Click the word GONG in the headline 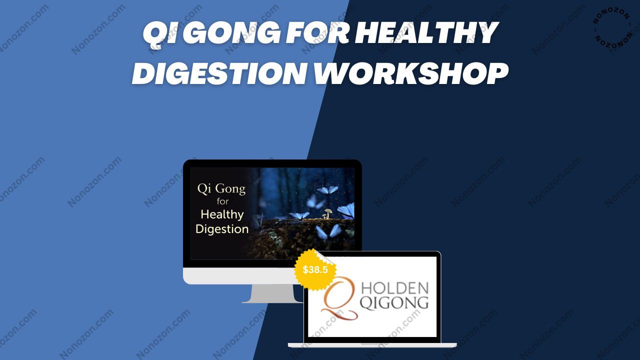click(234, 33)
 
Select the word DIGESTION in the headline click(219, 73)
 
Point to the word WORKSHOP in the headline click(411, 73)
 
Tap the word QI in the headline click(162, 33)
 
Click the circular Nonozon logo click(612, 26)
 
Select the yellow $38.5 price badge click(315, 269)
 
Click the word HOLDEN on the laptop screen click(395, 288)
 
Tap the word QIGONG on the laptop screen click(394, 303)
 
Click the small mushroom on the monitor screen click(326, 213)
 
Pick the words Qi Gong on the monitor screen click(221, 189)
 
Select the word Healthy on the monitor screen click(222, 214)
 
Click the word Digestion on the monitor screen click(222, 229)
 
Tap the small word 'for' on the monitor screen click(222, 201)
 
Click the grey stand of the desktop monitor click(272, 293)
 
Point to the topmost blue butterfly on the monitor click(327, 189)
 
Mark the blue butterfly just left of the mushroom click(299, 215)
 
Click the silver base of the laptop click(372, 345)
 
